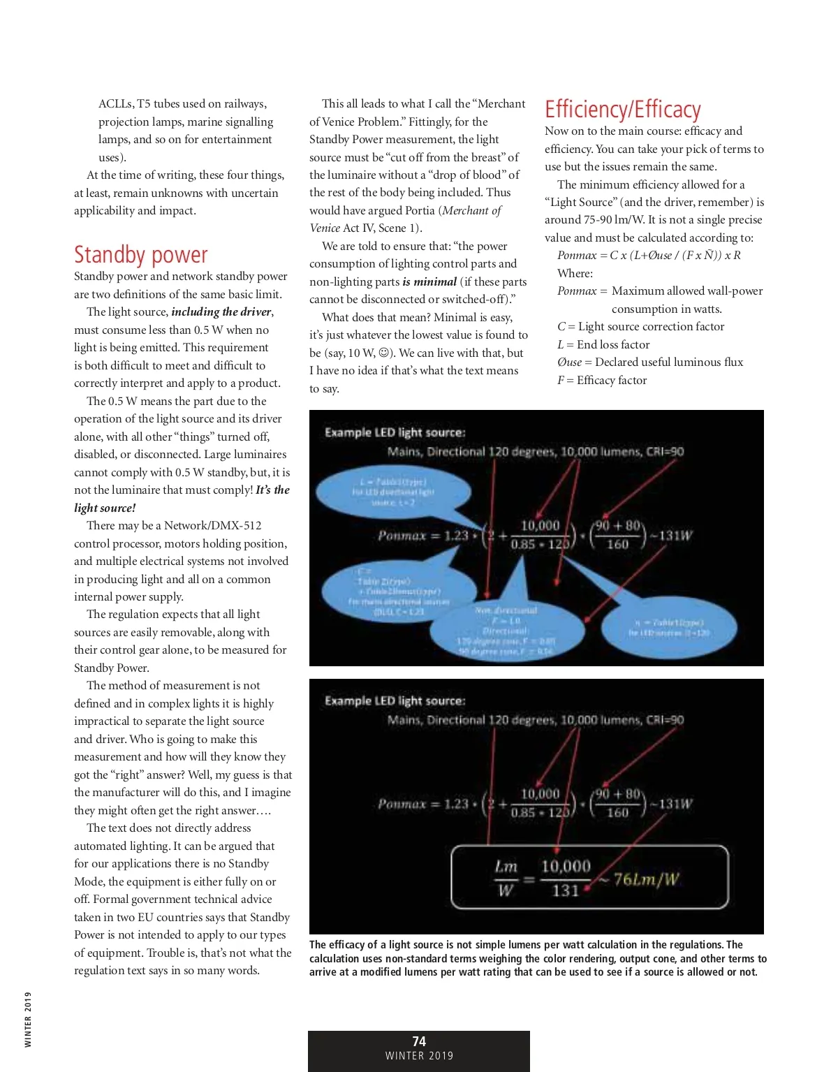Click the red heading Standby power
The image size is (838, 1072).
pos(140,256)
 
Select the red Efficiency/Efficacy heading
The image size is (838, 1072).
pos(622,110)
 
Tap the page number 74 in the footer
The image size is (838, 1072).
pos(419,1041)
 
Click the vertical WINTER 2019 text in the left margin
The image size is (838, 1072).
pos(28,1020)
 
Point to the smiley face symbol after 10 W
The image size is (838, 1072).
pos(383,353)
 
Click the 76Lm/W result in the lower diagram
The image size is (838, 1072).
pos(646,879)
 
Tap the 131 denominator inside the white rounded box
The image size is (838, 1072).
pos(565,890)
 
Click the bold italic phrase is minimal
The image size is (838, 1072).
pos(429,281)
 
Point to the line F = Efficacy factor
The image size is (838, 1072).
pos(602,380)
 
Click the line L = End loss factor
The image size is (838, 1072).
pos(603,344)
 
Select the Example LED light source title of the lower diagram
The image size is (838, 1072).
pos(395,700)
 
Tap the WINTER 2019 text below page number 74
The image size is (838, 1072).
pos(419,1056)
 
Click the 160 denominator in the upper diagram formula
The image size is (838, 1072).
pos(617,545)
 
